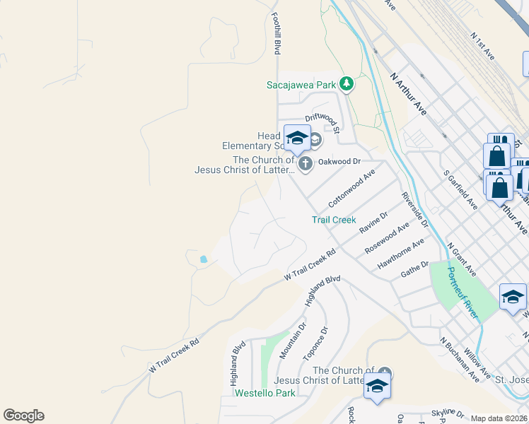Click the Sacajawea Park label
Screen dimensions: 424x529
pyautogui.click(x=301, y=85)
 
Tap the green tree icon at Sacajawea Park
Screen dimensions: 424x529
pyautogui.click(x=346, y=84)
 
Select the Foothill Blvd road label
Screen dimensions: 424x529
pyautogui.click(x=277, y=33)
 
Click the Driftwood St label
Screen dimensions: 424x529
pyautogui.click(x=323, y=122)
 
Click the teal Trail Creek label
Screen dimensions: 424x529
pyautogui.click(x=334, y=220)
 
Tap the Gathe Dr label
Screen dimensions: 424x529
pyautogui.click(x=414, y=269)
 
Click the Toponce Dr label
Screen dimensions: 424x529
pyautogui.click(x=315, y=342)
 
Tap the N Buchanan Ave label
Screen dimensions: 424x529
pyautogui.click(x=460, y=360)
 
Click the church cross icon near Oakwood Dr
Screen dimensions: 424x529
pyautogui.click(x=306, y=165)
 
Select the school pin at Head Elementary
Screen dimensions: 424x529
pyautogui.click(x=297, y=137)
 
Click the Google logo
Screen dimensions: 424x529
pyautogui.click(x=23, y=416)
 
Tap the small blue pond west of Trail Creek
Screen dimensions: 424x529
pyautogui.click(x=204, y=259)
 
